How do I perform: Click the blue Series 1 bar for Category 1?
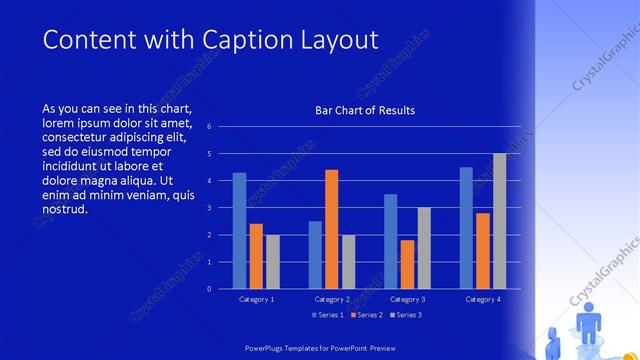pos(239,231)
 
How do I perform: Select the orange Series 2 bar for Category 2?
pos(332,229)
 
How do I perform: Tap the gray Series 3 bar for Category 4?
pos(499,221)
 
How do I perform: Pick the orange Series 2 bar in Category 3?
pos(407,264)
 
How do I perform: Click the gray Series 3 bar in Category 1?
pos(272,262)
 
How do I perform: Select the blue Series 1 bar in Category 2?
pos(315,255)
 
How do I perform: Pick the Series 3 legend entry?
pos(404,315)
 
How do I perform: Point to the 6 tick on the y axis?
pos(209,127)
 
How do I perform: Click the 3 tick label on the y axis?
pos(209,208)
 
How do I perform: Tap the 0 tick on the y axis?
pos(209,289)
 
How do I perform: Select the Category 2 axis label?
pos(332,299)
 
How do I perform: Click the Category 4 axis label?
pos(483,299)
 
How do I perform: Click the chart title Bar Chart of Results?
pos(365,110)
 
